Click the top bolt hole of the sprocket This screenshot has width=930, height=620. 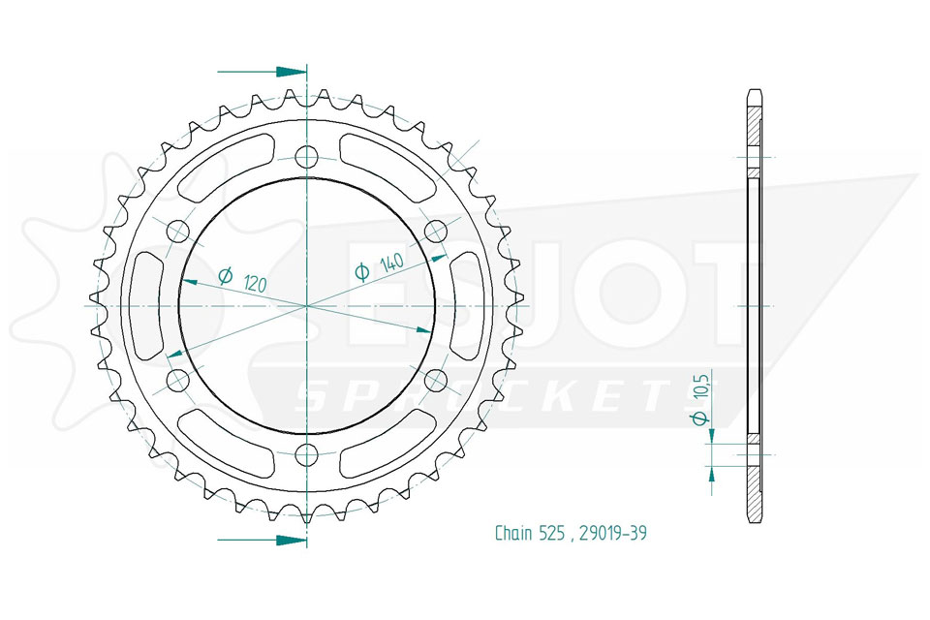coord(307,157)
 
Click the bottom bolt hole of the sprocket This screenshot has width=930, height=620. coord(307,454)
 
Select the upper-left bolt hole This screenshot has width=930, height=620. coord(177,232)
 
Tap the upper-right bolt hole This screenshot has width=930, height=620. coord(436,232)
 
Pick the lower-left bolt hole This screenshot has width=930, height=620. coord(177,381)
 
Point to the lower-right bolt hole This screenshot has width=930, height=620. coord(436,381)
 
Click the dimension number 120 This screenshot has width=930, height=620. coord(255,284)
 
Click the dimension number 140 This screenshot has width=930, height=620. coord(391,262)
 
